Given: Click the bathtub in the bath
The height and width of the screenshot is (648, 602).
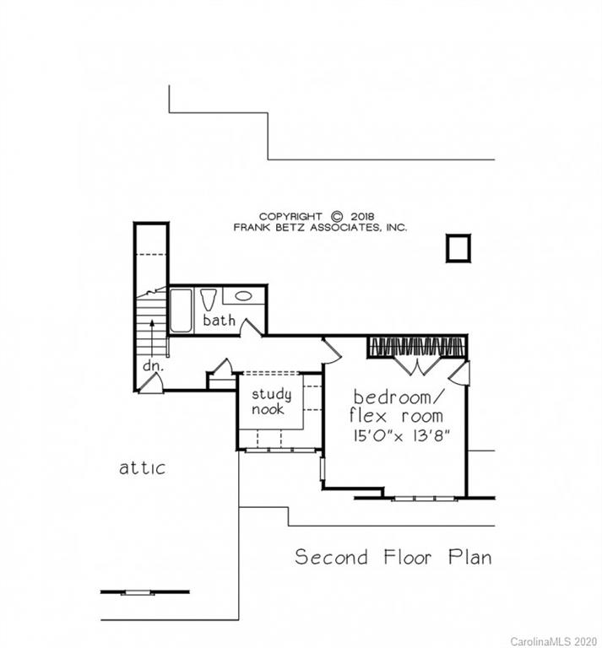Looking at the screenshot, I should pos(181,310).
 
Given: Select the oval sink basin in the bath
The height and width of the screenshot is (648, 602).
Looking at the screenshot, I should pos(243,296).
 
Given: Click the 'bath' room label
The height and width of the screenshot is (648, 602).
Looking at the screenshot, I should pos(219,321).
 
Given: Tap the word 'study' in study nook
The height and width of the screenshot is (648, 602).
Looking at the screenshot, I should pos(272,394).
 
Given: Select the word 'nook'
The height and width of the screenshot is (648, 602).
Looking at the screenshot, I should pos(268,409).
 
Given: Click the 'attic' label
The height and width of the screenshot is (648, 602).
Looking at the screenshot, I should pos(142,467).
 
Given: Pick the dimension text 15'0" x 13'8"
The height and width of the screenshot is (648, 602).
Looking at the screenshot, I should pos(398,436).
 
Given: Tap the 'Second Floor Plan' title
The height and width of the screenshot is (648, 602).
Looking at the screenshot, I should pos(393,558).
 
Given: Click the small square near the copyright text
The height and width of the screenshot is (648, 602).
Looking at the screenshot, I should pos(458,249).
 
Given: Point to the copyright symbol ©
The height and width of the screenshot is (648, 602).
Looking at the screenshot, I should pos(337,216).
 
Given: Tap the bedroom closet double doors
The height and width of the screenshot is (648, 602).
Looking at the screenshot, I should pos(416,366).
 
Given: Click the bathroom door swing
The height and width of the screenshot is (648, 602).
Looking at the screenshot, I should pos(249,328).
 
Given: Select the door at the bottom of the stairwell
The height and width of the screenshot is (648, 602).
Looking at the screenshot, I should pos(151,384).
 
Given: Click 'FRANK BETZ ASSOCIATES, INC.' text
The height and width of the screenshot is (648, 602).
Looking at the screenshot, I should pos(320,228).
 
